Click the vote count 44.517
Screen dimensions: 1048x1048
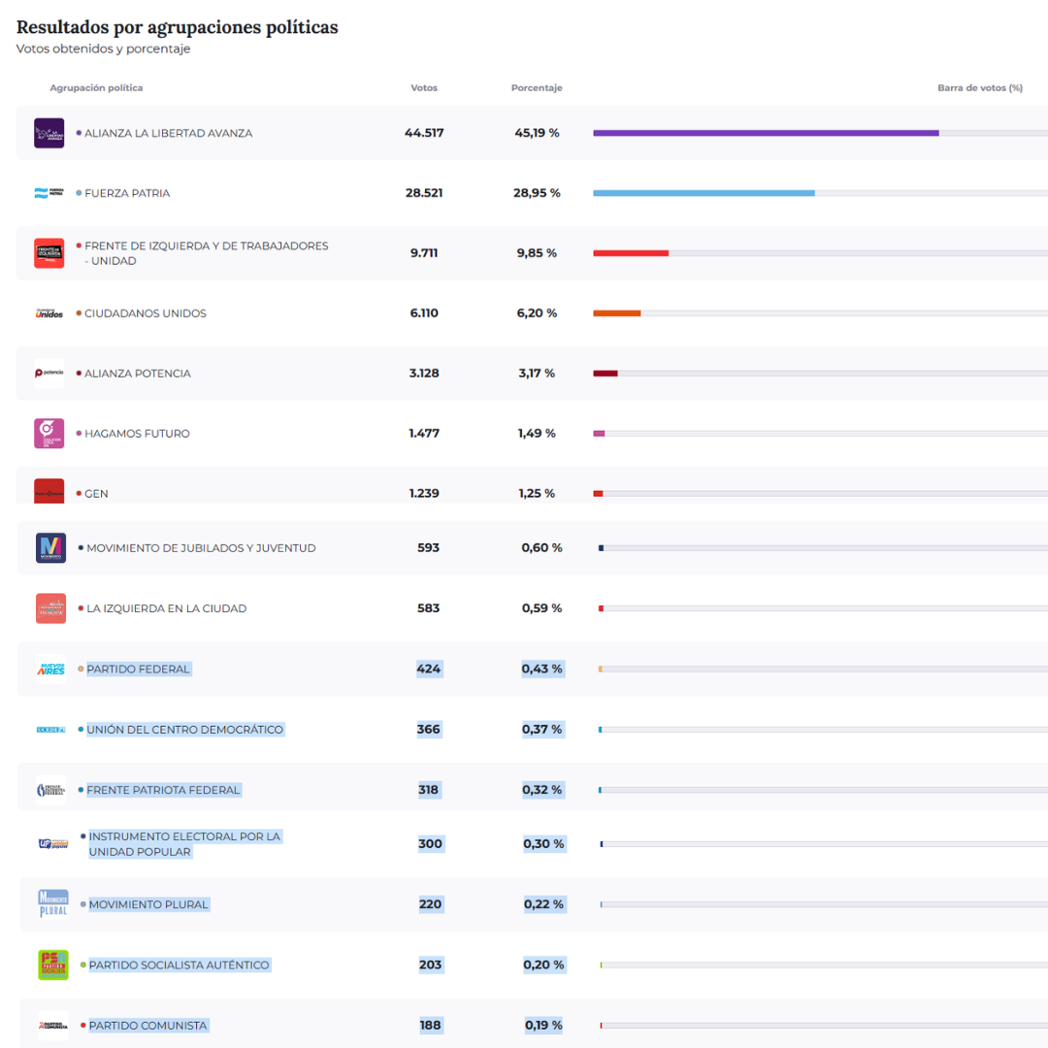[424, 133]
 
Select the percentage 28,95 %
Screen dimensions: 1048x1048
[537, 193]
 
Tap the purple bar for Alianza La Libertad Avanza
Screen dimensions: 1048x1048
[766, 133]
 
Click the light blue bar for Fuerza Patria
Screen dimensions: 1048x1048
[704, 193]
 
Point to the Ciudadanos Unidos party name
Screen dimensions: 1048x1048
[145, 313]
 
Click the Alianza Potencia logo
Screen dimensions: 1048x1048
[49, 374]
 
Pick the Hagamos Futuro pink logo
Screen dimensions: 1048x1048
[49, 434]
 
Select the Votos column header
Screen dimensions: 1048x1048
[424, 88]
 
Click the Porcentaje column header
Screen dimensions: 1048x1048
[537, 88]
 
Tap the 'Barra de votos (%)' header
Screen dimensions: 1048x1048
[979, 88]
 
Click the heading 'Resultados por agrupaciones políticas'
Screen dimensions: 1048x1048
[178, 27]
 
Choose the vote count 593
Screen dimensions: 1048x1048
[428, 548]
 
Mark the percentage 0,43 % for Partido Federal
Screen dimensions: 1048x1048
[541, 669]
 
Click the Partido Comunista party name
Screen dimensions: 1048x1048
[147, 1026]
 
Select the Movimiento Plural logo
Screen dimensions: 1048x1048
[53, 903]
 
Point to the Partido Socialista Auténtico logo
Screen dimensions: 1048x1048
[53, 965]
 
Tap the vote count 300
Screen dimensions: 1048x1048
[430, 844]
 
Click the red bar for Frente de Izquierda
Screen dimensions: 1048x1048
[631, 253]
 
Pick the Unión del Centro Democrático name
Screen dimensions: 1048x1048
[184, 730]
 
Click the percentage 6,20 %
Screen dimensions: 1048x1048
[537, 313]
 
